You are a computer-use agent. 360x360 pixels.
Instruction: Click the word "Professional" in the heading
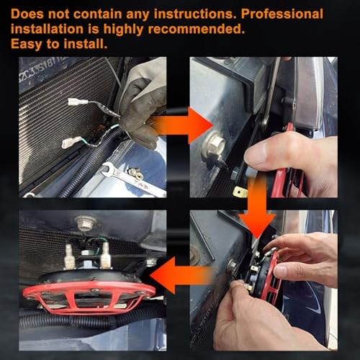(x=282, y=14)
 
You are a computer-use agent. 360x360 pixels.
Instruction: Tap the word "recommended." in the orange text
(x=197, y=30)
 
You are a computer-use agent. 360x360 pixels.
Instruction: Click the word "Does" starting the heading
(x=27, y=14)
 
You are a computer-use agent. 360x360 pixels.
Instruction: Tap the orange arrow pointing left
(x=181, y=275)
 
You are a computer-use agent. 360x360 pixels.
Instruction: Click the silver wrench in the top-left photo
(x=132, y=178)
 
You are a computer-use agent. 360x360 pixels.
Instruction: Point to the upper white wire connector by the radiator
(x=78, y=102)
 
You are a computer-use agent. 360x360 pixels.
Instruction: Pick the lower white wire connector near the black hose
(x=71, y=142)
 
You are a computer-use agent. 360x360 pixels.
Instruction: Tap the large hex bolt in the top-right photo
(x=213, y=145)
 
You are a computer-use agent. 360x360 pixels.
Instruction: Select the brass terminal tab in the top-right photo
(x=240, y=192)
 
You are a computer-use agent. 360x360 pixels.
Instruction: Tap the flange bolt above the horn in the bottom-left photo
(x=86, y=223)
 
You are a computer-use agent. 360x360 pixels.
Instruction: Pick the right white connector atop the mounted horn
(x=105, y=255)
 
